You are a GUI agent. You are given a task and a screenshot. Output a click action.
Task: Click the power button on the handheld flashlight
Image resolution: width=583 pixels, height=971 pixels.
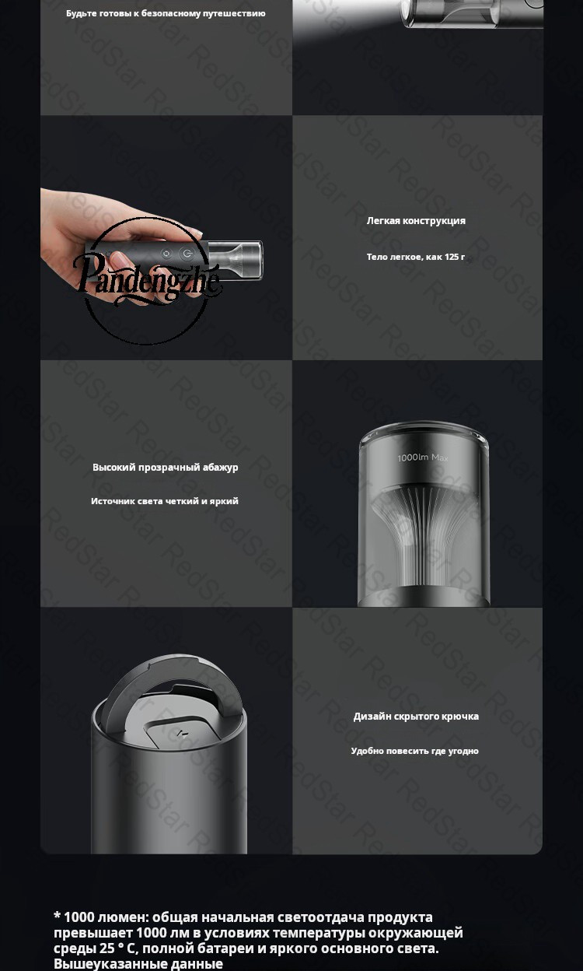pos(187,254)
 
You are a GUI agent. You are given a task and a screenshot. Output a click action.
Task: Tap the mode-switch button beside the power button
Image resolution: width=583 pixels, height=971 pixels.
pos(166,254)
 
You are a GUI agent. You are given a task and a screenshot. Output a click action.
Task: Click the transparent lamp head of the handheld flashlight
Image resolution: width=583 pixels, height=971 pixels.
pos(236,260)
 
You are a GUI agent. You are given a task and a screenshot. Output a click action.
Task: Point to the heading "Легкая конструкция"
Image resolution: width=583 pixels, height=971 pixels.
pos(416,221)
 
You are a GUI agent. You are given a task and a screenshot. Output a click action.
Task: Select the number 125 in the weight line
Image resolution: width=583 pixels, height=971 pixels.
pos(451,257)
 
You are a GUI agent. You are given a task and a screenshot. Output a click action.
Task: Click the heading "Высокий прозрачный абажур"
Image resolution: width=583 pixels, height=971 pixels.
pos(165,468)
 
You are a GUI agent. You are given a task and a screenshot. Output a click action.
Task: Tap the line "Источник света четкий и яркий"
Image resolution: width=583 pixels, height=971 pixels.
pos(165,501)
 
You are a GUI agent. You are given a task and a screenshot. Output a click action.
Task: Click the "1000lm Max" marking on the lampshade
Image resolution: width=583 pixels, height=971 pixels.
pos(423,457)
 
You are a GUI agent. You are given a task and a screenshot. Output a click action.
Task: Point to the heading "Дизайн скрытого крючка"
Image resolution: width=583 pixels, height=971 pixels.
pos(416,717)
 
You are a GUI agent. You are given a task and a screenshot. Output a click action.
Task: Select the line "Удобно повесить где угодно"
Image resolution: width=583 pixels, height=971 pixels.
pos(414,751)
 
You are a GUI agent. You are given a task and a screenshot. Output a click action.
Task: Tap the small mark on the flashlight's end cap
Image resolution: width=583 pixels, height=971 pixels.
pos(181,734)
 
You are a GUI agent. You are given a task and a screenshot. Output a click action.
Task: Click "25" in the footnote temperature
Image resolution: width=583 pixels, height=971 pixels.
pos(106,948)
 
